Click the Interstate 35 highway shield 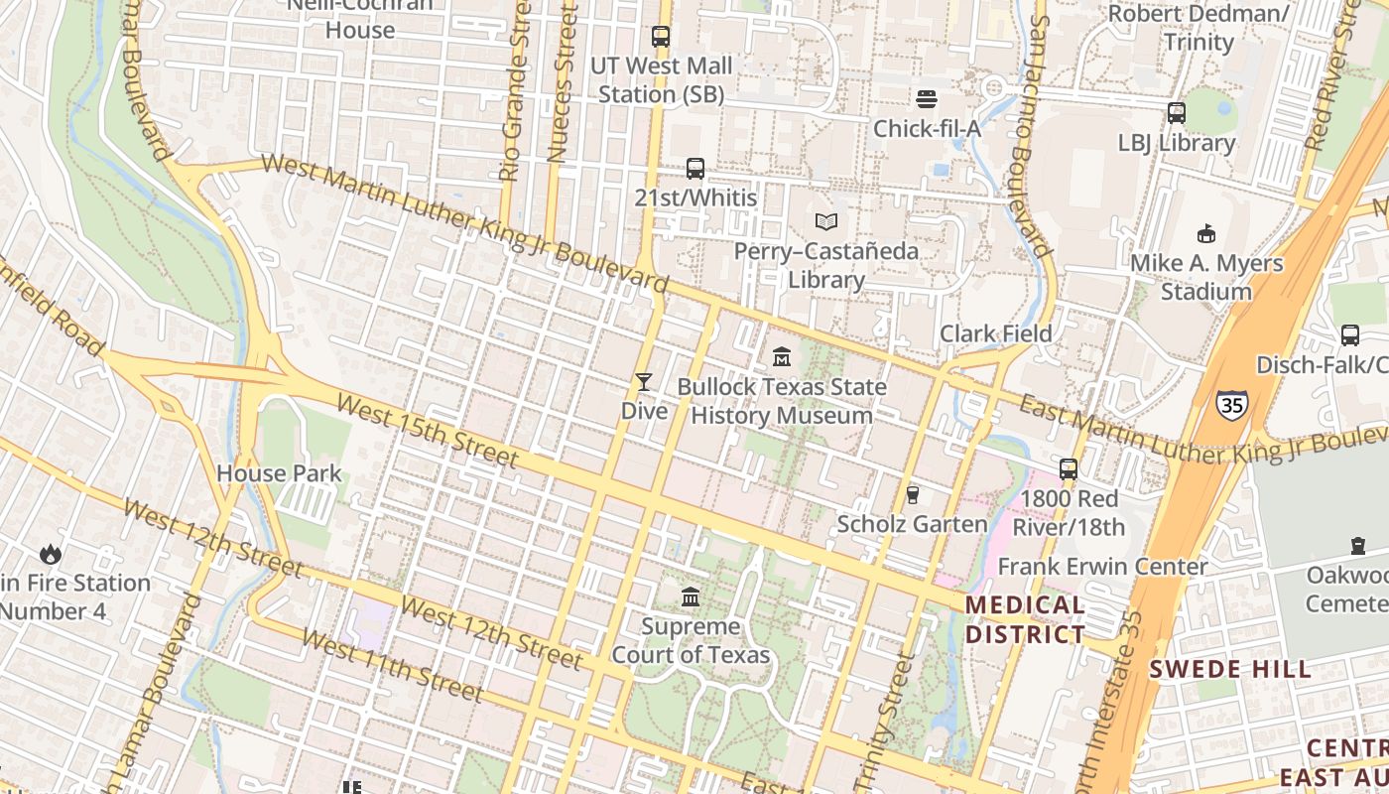click(x=1231, y=404)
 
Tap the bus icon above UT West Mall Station click(x=661, y=37)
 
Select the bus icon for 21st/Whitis click(x=695, y=169)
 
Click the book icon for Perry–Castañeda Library click(x=826, y=221)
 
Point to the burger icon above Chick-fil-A click(x=927, y=98)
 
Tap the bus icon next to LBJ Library click(x=1177, y=113)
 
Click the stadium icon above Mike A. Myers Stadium click(x=1206, y=234)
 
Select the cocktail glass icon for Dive click(x=644, y=381)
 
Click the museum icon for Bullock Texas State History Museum click(x=782, y=356)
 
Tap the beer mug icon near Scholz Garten click(x=913, y=494)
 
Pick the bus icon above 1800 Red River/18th click(x=1069, y=468)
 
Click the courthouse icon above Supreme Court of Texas click(x=691, y=596)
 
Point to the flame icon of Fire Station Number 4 click(x=50, y=554)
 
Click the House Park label click(x=279, y=473)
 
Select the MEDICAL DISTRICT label click(x=1025, y=619)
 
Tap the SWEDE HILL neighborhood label click(x=1230, y=669)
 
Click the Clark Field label click(x=995, y=333)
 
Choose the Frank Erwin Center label click(x=1102, y=567)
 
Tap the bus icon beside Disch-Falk click(x=1350, y=335)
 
